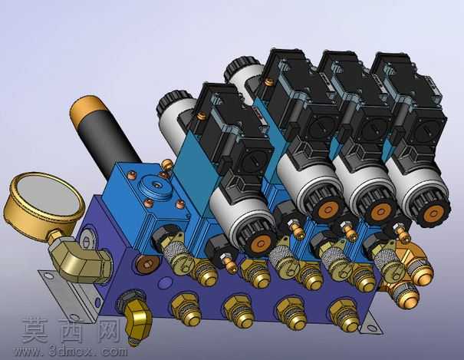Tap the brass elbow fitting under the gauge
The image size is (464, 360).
[x=79, y=258]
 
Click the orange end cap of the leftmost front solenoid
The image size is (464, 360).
[x=261, y=244]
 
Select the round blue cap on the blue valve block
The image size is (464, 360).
[x=156, y=187]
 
